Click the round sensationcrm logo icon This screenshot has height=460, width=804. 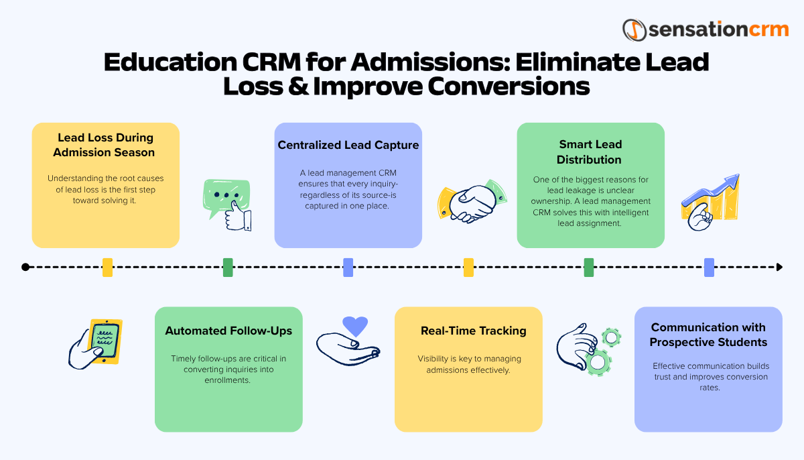pyautogui.click(x=633, y=30)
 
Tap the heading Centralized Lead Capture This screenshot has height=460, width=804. pyautogui.click(x=348, y=145)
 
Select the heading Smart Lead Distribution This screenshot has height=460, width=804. pyautogui.click(x=590, y=152)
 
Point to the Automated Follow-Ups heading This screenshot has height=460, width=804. pyautogui.click(x=228, y=331)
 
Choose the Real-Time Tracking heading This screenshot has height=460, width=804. pyautogui.click(x=473, y=331)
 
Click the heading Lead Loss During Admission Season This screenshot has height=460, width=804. pyautogui.click(x=105, y=145)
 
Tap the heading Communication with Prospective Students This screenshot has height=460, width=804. pyautogui.click(x=708, y=335)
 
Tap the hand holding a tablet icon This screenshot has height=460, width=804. pyautogui.click(x=96, y=341)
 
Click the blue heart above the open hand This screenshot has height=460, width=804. pyautogui.click(x=355, y=326)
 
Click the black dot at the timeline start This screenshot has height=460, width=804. pyautogui.click(x=25, y=267)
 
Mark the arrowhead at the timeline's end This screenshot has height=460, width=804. pyautogui.click(x=779, y=267)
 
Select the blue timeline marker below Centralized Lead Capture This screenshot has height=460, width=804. pyautogui.click(x=348, y=268)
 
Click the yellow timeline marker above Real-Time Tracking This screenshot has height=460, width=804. pyautogui.click(x=468, y=268)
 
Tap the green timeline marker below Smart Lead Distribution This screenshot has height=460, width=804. pyautogui.click(x=589, y=268)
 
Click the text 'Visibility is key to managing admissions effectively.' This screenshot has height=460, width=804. pyautogui.click(x=469, y=364)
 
